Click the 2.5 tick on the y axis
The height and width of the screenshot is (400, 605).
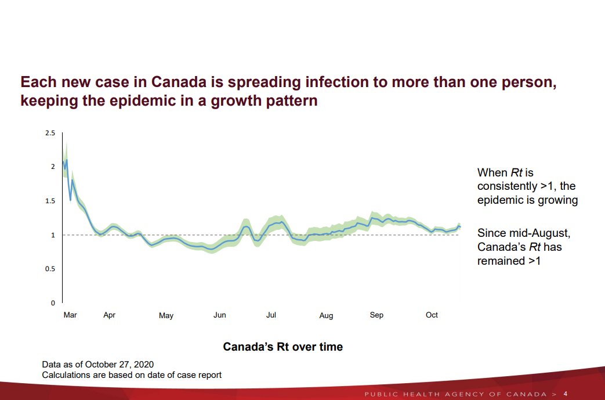50,134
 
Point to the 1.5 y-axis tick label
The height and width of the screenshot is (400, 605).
50,201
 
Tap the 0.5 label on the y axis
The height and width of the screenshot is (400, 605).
50,269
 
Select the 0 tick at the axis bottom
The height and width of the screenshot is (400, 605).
53,303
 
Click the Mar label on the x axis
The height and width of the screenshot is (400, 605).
70,315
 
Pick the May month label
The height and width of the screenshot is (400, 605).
166,316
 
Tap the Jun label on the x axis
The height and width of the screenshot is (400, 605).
220,315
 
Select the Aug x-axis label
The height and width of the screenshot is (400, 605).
326,316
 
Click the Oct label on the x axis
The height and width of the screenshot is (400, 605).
432,315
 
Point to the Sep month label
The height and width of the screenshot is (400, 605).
376,315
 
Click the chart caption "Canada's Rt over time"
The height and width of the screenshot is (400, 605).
282,347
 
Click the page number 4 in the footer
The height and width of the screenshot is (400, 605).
566,394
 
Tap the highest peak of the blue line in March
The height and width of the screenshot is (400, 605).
67,160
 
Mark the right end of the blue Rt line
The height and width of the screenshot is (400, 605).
460,226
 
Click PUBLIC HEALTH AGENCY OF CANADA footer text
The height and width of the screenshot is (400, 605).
455,395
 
